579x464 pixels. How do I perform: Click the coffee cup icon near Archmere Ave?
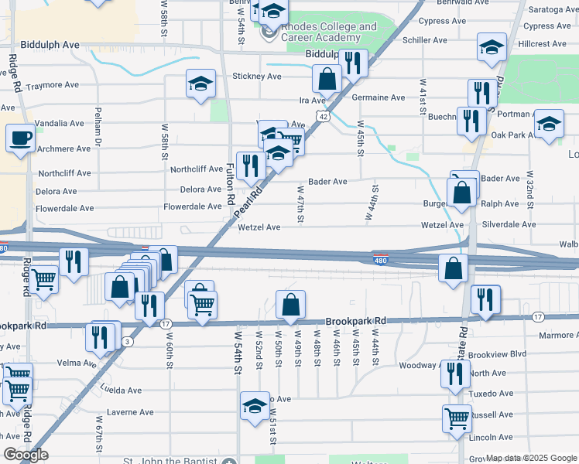(20, 138)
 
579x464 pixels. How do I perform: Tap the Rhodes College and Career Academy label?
(329, 32)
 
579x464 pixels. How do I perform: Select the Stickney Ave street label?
(257, 77)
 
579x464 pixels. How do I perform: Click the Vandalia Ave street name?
(60, 124)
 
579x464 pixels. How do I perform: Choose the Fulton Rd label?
(231, 183)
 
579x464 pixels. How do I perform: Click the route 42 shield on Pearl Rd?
(324, 116)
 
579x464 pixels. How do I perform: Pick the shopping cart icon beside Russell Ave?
(457, 418)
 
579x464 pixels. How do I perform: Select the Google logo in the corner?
(26, 455)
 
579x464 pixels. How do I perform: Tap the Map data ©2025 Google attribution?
(531, 458)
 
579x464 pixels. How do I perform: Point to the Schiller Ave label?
(424, 40)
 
